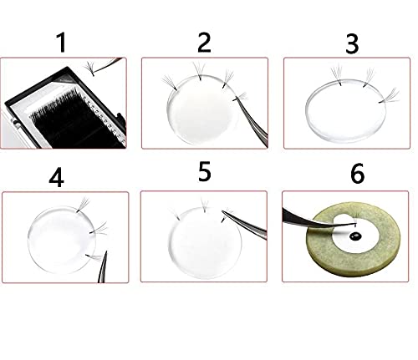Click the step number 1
[x=59, y=41]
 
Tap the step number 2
[x=204, y=41]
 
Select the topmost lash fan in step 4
[x=82, y=203]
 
